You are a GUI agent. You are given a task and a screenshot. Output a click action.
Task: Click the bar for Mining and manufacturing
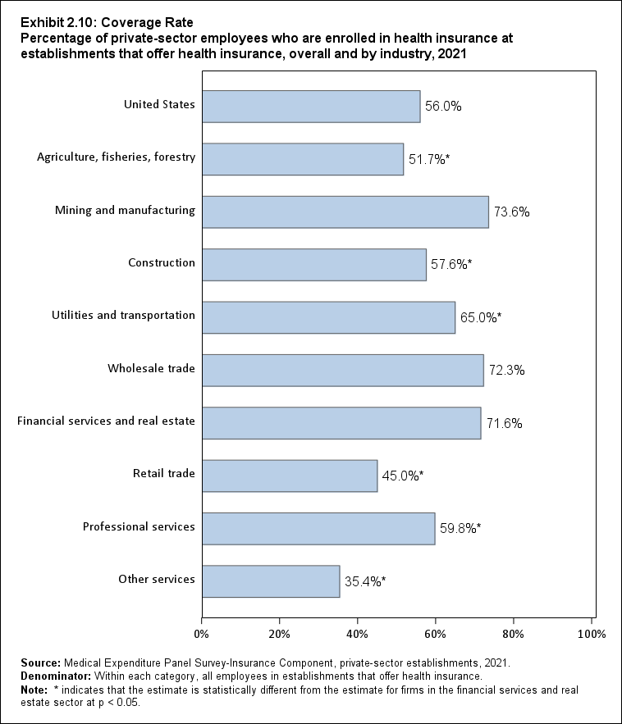(345, 212)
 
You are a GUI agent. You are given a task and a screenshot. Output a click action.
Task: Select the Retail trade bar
(289, 476)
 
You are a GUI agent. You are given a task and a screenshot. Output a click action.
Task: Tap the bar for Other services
(270, 581)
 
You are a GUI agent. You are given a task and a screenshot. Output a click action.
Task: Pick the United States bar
(310, 106)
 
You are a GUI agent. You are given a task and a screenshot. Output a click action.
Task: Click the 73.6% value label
(511, 212)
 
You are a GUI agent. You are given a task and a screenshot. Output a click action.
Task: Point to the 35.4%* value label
(365, 581)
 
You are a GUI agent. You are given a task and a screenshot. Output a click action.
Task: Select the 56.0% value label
(443, 106)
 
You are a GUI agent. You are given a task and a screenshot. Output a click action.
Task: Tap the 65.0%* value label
(480, 317)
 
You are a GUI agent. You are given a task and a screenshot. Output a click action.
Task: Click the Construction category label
(162, 263)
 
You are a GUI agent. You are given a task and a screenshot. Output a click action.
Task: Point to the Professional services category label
(139, 526)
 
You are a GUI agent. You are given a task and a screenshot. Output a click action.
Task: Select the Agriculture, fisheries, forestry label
(117, 157)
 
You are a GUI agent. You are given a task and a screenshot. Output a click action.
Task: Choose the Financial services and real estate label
(106, 421)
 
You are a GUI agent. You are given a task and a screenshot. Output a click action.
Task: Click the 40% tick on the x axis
(358, 634)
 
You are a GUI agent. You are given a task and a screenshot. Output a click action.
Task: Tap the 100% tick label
(591, 634)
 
